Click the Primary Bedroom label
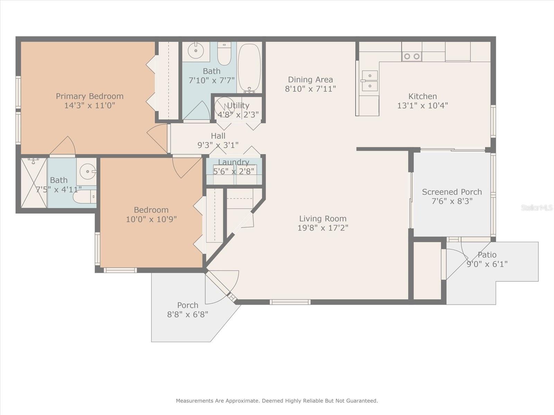click(x=90, y=96)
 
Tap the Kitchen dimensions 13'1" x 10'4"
click(x=422, y=105)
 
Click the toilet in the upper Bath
click(x=224, y=53)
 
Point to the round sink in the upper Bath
click(x=196, y=50)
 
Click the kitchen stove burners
click(x=412, y=56)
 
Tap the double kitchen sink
click(x=370, y=81)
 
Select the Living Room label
click(x=323, y=219)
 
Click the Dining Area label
click(x=311, y=80)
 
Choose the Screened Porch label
click(x=452, y=192)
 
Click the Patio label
click(x=487, y=255)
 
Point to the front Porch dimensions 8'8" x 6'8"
click(x=188, y=314)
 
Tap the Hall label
click(x=218, y=136)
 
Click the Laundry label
click(x=234, y=162)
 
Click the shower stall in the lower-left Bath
click(x=34, y=183)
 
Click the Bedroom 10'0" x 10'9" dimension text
click(x=151, y=219)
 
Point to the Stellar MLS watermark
click(x=536, y=208)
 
